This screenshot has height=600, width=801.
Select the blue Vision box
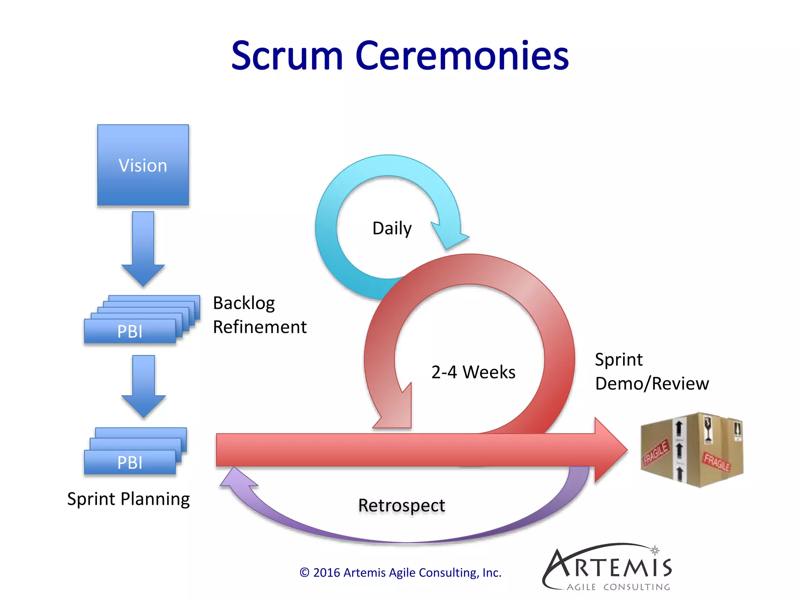143,165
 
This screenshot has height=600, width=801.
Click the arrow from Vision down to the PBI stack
143,248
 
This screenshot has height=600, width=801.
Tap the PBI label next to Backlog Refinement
130,332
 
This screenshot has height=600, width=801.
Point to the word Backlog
244,303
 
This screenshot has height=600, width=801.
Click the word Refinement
260,327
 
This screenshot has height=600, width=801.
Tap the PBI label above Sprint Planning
130,462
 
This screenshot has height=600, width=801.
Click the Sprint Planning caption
128,499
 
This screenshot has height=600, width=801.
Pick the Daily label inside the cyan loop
392,228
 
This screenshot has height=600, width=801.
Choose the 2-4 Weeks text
473,372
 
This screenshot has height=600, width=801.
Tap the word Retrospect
402,505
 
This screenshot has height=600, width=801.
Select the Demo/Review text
652,384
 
